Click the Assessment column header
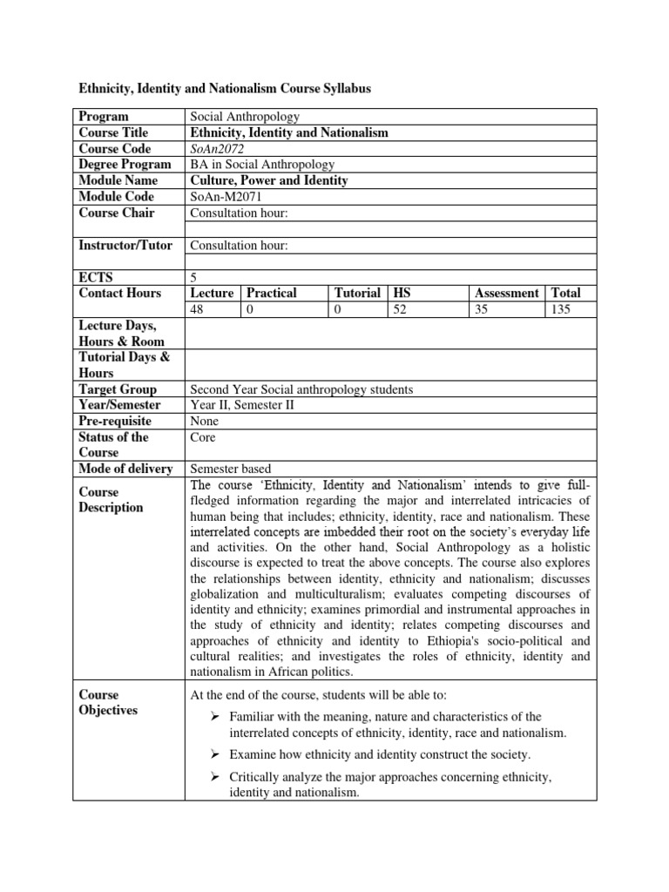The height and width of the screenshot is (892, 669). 505,294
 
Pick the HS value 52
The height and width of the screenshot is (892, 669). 401,309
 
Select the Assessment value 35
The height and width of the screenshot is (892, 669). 480,309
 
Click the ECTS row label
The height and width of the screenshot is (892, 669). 93,277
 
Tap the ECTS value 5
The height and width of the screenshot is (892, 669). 193,277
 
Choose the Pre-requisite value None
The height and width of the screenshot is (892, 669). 205,421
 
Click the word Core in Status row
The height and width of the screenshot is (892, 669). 203,437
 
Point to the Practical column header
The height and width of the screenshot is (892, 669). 272,294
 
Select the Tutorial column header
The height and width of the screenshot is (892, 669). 357,294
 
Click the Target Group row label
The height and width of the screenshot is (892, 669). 118,389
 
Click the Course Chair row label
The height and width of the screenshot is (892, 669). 117,212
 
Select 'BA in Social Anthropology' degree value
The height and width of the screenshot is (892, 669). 262,164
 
